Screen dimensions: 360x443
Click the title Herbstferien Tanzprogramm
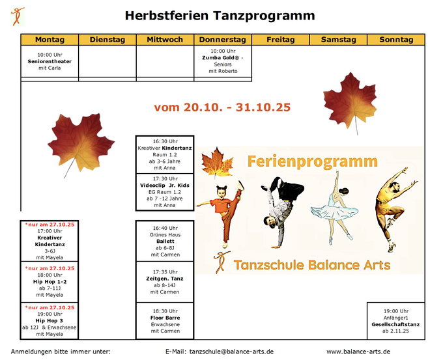coord(220,16)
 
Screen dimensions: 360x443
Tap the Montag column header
coord(50,40)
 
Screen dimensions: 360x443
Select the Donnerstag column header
coord(222,40)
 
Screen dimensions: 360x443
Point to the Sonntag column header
coord(396,40)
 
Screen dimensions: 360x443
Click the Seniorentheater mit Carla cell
coord(50,61)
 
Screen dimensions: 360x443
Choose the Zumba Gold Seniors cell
coord(222,61)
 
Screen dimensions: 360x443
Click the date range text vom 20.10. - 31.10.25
coord(222,107)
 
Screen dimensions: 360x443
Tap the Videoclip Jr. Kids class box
coord(165,192)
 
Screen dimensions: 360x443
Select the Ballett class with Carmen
coord(165,241)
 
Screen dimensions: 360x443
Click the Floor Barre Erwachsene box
coord(165,321)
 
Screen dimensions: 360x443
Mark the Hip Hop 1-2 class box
coord(50,281)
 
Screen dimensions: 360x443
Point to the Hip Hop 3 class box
coord(50,321)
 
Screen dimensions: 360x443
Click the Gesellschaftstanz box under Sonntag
coord(395,321)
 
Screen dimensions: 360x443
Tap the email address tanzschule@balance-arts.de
coord(231,352)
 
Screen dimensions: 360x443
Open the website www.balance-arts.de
coord(358,352)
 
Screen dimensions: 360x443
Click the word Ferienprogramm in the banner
coord(312,161)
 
